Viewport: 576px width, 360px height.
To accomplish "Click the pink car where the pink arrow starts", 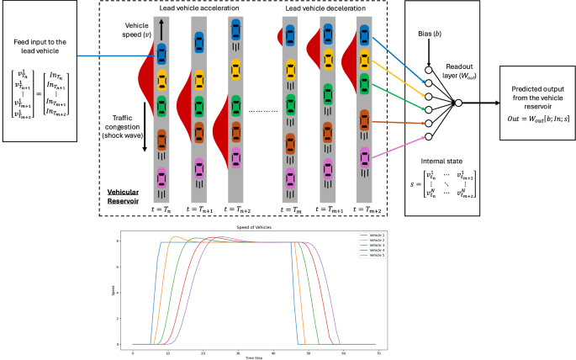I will click(x=363, y=156).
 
